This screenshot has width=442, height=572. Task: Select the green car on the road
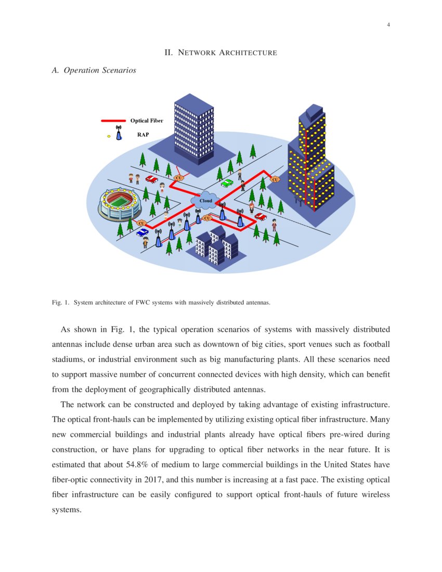[227, 183]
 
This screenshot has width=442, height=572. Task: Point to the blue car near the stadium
[142, 232]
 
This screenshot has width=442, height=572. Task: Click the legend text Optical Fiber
[147, 121]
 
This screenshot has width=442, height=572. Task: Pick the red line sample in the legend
[113, 121]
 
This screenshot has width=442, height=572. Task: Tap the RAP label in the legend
[143, 134]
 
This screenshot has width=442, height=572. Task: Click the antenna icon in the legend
[119, 133]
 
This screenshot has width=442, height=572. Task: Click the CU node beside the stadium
[140, 223]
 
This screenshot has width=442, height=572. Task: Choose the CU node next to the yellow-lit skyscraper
[275, 179]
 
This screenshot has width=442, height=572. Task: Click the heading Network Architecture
[220, 53]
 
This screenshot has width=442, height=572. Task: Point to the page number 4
[388, 25]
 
